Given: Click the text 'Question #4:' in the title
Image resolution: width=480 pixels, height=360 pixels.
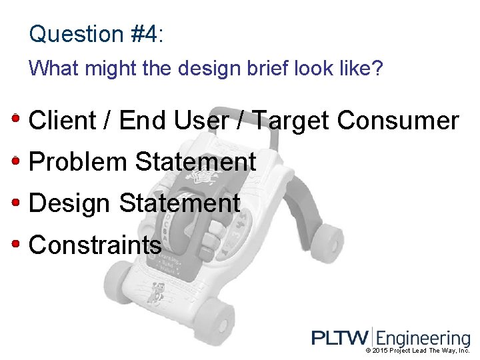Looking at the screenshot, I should (x=96, y=34).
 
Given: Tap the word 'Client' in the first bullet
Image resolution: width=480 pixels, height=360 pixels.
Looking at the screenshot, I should (x=63, y=121).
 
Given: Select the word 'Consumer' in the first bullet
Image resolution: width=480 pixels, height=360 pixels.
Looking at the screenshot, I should (x=398, y=121).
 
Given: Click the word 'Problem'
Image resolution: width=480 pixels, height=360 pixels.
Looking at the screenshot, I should (x=78, y=162).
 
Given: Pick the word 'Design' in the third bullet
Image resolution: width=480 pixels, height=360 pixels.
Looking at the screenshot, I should (x=70, y=203).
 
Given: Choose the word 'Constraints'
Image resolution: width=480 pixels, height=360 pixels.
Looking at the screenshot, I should (x=95, y=245).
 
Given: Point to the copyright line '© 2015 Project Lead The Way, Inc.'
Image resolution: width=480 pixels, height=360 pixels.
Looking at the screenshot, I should (x=417, y=351).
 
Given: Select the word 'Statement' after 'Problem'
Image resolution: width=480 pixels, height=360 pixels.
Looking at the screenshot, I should (x=195, y=162).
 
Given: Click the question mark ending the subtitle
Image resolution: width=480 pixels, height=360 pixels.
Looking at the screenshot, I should (x=378, y=68).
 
